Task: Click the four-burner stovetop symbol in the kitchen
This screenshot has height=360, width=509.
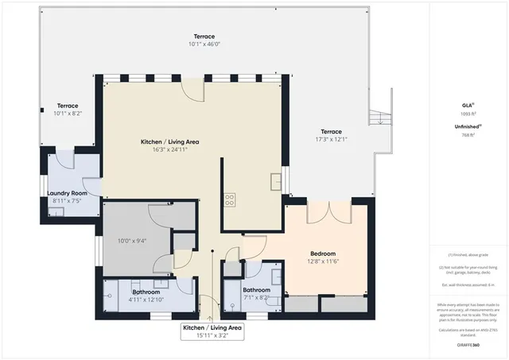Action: [229, 199]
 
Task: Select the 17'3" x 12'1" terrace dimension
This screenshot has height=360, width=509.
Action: [331, 140]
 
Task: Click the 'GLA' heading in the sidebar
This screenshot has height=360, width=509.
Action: [467, 105]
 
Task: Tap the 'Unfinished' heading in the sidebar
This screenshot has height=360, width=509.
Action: [467, 126]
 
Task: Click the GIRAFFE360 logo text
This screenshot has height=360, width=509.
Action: [467, 345]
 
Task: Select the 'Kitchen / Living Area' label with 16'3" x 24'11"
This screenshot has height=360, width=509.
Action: [169, 141]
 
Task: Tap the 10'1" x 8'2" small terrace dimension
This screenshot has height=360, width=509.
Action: [67, 114]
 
